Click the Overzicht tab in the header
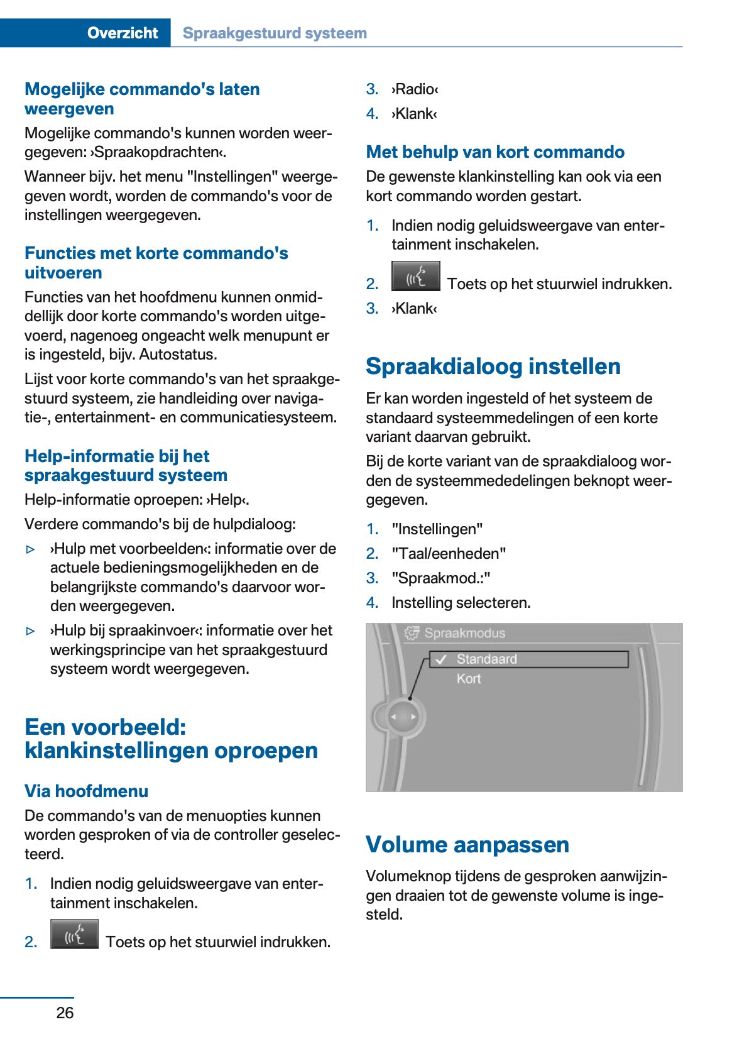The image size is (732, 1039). coord(122,33)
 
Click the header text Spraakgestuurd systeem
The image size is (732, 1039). coord(275,33)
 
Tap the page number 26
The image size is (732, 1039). coord(65,1013)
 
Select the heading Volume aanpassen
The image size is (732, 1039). coord(467,844)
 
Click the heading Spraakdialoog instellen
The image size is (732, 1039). coord(493,366)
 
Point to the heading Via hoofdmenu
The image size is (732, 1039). coord(86,791)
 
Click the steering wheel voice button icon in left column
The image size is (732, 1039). coord(74,935)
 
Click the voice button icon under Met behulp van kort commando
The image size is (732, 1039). coord(415,277)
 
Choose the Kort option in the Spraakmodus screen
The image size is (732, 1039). coord(469,679)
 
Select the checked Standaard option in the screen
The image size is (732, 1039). coord(486,659)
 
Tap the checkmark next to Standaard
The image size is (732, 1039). coord(441,659)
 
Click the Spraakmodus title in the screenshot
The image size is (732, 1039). coord(464,633)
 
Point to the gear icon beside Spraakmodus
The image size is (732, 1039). coord(412,633)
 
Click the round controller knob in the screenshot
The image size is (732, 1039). coord(402,717)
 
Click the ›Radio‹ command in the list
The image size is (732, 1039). coord(415,89)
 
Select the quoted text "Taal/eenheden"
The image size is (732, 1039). coord(449,554)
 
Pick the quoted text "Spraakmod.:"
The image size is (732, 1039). coord(440,578)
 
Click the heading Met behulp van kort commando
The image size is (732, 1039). coord(495,152)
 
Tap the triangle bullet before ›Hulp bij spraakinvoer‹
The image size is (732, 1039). coord(31,631)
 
